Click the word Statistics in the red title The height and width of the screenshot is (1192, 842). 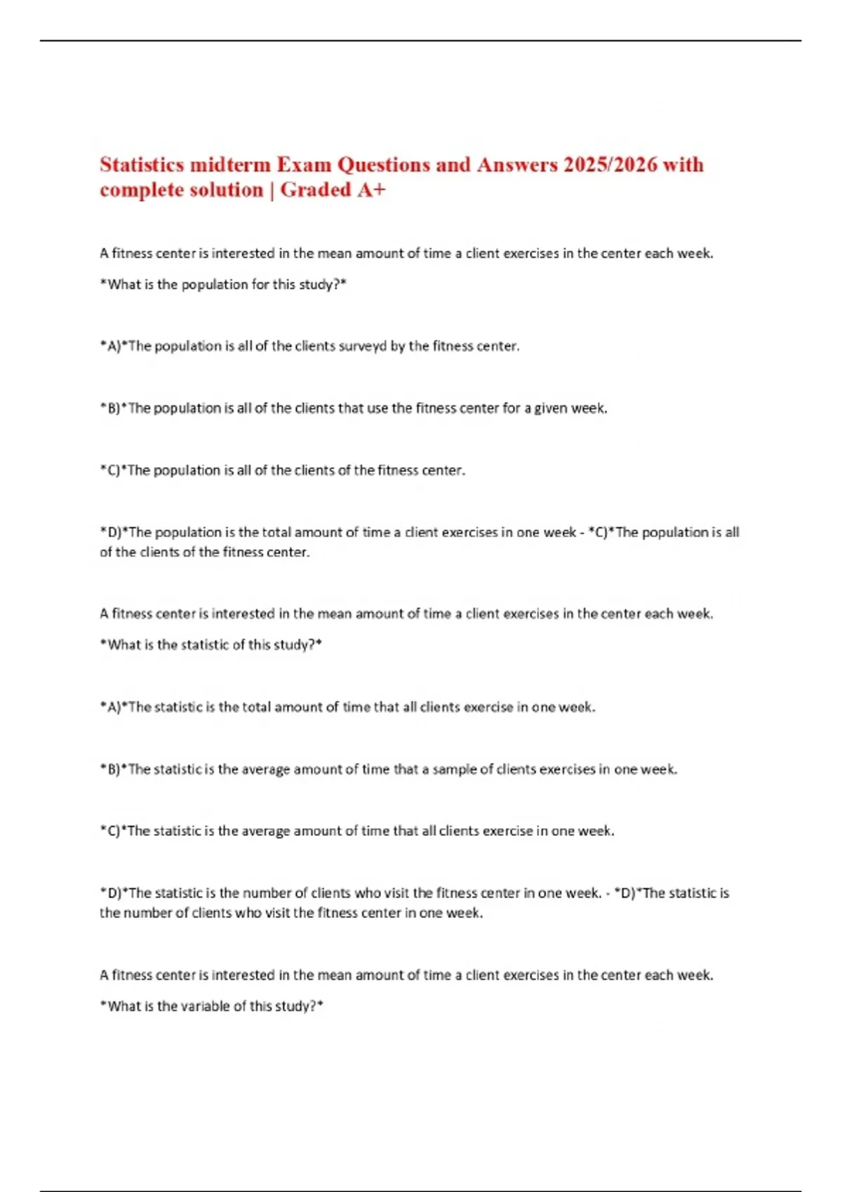point(142,165)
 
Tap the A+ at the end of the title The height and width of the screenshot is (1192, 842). point(371,190)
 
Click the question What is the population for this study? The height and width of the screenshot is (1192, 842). point(223,285)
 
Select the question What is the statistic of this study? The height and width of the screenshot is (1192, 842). point(210,645)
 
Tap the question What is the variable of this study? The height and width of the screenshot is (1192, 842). point(211,1006)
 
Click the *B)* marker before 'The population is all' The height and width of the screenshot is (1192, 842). point(114,408)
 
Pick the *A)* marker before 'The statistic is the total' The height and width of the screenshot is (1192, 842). point(114,707)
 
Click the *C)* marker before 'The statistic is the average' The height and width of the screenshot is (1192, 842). point(114,831)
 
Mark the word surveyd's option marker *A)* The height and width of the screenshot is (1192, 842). point(114,346)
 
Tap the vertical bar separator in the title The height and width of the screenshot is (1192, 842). point(272,190)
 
